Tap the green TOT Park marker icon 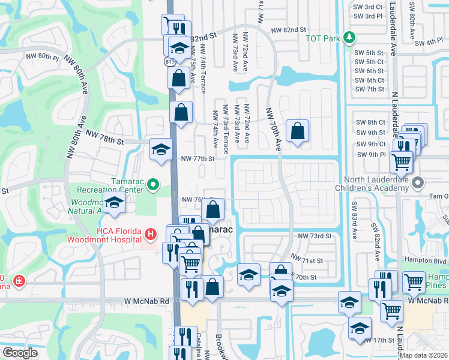tap(348, 38)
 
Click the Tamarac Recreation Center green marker tap(152, 184)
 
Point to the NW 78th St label tap(104, 137)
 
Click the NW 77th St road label tap(197, 159)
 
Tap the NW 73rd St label tap(315, 236)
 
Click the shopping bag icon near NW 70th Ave tap(297, 130)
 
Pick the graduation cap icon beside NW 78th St tap(161, 148)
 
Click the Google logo tap(20, 353)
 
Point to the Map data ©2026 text tap(424, 355)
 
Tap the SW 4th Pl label tap(427, 41)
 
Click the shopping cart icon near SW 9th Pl tap(401, 160)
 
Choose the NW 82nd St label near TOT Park tap(288, 29)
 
